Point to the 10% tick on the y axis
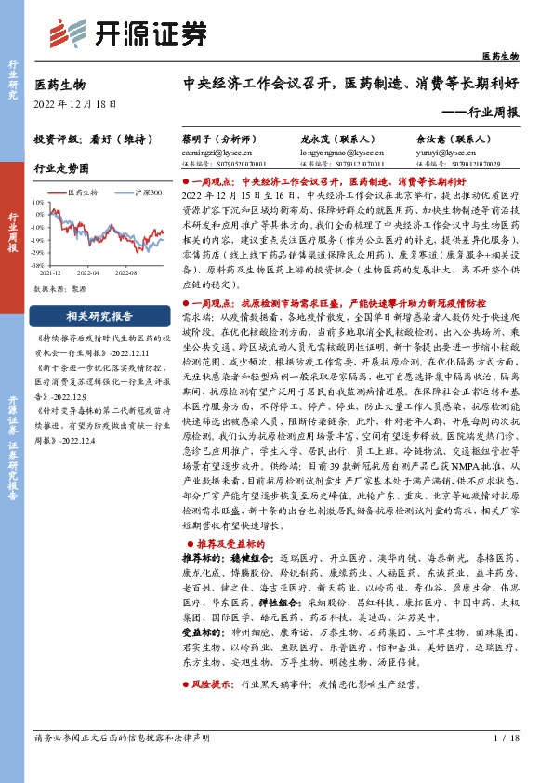[38, 201]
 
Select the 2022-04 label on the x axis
[87, 274]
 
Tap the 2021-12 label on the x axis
[50, 274]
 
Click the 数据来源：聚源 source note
[58, 289]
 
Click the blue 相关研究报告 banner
[99, 314]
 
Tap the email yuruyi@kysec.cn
[441, 150]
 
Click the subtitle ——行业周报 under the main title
[492, 111]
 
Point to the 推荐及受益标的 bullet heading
[228, 540]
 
